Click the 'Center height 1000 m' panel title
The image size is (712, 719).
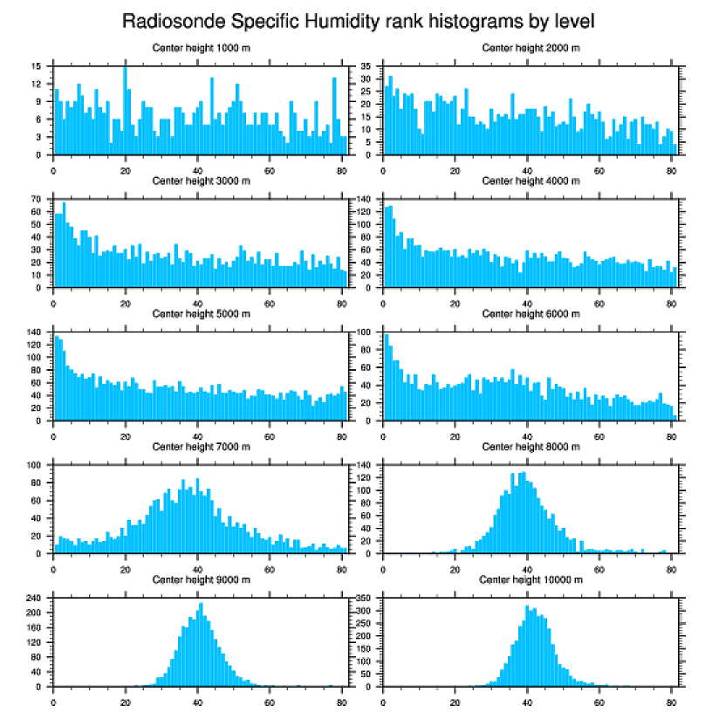click(x=201, y=47)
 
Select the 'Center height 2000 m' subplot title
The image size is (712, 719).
click(x=531, y=47)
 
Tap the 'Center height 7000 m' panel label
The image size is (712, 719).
click(x=201, y=447)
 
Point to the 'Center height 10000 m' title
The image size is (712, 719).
click(x=531, y=580)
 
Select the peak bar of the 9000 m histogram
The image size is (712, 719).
click(x=201, y=645)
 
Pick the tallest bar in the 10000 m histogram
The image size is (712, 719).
click(x=527, y=646)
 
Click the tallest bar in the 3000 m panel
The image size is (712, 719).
click(x=64, y=244)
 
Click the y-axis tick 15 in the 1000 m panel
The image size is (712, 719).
click(x=37, y=66)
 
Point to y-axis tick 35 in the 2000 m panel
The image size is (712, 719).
click(x=367, y=66)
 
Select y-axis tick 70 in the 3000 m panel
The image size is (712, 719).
click(x=37, y=200)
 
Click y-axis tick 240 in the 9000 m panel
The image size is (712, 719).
click(x=35, y=598)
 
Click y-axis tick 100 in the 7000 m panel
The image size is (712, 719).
click(x=35, y=465)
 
